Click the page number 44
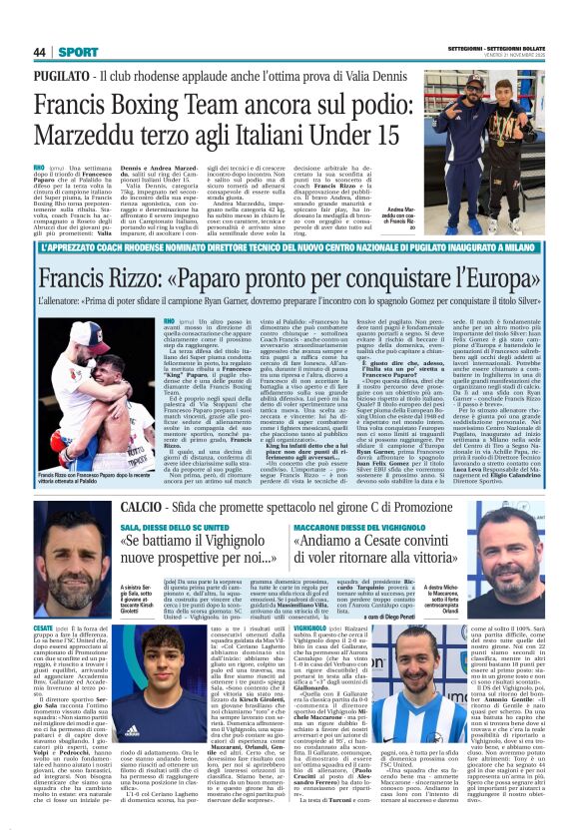(x=40, y=52)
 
